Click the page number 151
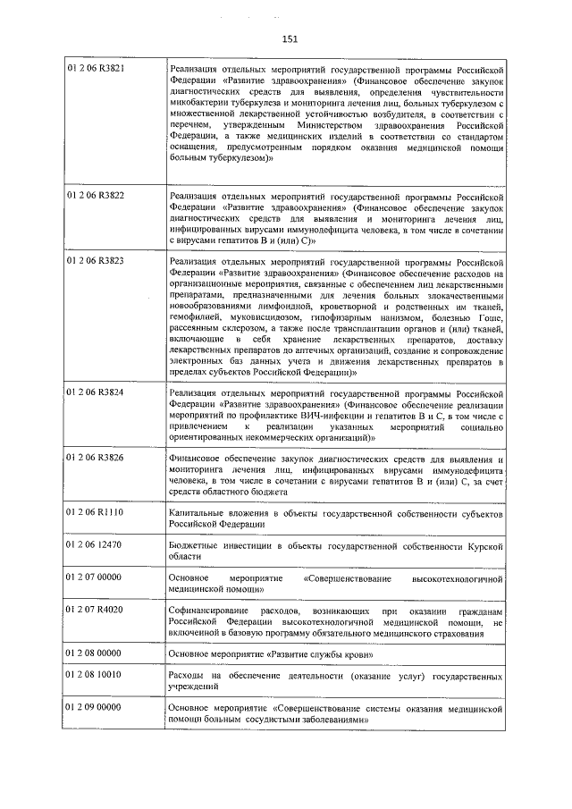coord(290,38)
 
